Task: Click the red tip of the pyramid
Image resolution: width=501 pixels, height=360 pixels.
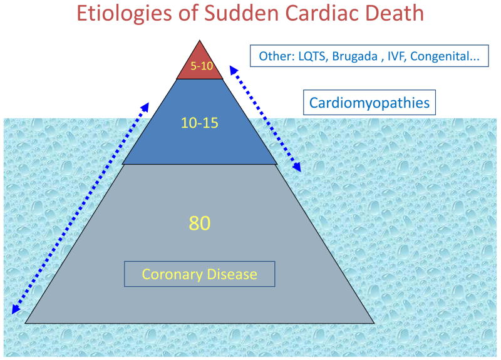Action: coord(200,59)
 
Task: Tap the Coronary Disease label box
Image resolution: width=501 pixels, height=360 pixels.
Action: coord(200,274)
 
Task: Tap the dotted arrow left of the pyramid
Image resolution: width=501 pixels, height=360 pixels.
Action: coord(80,207)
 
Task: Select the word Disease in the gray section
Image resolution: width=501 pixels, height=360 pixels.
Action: coord(231,274)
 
